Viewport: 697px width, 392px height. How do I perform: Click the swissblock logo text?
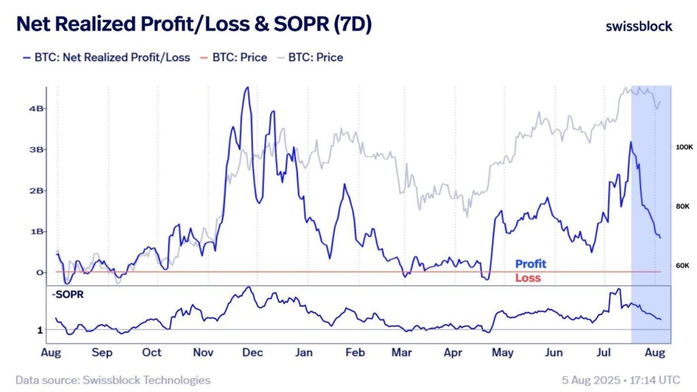coord(638,27)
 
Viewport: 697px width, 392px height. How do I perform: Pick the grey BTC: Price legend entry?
coord(314,57)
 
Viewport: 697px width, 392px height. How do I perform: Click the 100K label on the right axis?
coord(683,147)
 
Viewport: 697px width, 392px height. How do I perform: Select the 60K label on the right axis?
coord(682,265)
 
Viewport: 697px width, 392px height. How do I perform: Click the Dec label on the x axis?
coord(253,353)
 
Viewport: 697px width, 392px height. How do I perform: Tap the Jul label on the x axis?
coord(604,353)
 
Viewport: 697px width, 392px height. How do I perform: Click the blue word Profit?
coord(530,264)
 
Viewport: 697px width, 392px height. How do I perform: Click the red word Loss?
coord(528,278)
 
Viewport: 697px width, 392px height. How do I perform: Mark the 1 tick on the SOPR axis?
coord(41,330)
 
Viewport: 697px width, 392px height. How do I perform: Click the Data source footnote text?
coord(113,380)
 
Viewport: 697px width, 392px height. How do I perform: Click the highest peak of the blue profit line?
coord(247,87)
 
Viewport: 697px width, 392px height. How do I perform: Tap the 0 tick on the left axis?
coord(40,272)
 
